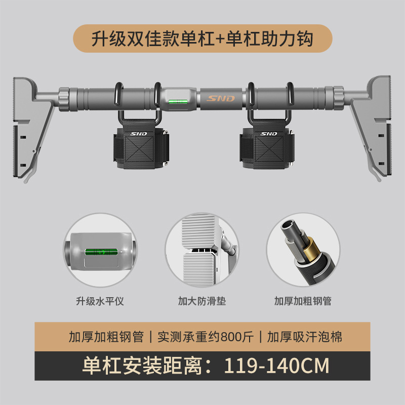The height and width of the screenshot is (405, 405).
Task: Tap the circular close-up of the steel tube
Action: click(x=304, y=251)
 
